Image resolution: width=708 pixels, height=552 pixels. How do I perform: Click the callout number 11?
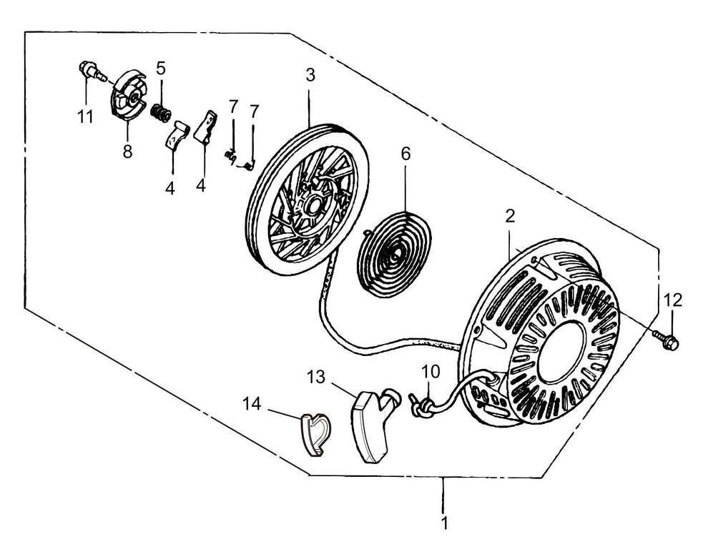85,117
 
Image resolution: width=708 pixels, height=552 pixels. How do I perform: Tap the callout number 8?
127,151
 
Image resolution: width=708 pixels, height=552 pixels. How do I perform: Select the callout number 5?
161,69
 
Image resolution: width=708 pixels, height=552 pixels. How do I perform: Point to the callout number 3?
310,75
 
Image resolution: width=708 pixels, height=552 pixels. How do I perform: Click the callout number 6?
406,154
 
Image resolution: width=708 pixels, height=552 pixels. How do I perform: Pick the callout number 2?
510,216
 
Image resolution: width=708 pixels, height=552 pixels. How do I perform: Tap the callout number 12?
673,300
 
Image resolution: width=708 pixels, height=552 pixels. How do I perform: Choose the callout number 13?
316,377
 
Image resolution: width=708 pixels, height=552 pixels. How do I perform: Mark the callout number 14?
252,404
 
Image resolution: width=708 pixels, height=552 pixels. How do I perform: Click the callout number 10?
431,372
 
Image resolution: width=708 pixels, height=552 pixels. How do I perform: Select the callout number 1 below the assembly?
445,523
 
